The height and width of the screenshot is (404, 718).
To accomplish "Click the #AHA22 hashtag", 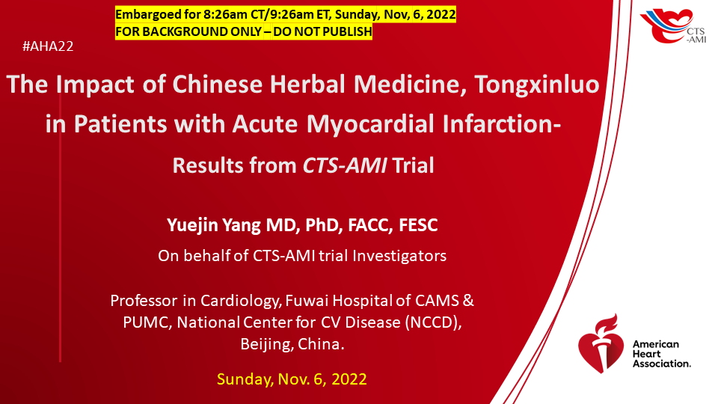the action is [x=48, y=46].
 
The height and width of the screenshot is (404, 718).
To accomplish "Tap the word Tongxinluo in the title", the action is [x=537, y=85].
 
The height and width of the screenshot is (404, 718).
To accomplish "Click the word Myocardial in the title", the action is [x=370, y=125].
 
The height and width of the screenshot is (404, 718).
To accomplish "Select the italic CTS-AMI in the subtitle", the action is [x=345, y=165].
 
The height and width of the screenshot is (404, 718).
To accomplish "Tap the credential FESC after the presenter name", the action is [x=418, y=225].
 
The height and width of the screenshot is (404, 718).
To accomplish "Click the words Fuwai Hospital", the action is [x=339, y=301].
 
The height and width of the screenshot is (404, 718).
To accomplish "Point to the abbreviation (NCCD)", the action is [x=433, y=322].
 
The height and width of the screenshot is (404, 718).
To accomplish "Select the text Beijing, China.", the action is [x=292, y=344].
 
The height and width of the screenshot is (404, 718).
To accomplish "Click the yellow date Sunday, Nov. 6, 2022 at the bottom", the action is [x=292, y=379].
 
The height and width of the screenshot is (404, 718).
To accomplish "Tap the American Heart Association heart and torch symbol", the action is [x=601, y=343].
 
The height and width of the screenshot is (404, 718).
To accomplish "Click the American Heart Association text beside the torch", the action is [x=661, y=354].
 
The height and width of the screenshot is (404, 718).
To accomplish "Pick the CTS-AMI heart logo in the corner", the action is [x=672, y=25].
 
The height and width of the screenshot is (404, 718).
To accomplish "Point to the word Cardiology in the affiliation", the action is [x=240, y=301].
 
